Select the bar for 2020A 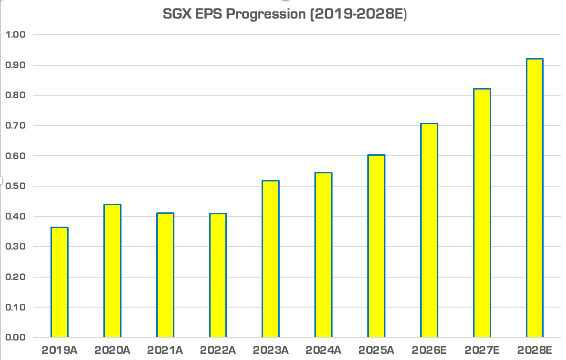112,271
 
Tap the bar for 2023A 271,259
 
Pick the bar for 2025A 376,246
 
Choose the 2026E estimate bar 429,230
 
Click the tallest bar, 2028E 535,198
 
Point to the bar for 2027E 482,213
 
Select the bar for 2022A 218,276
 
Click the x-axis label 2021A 165,350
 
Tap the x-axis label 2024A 323,350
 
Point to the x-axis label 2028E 535,350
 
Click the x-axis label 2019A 60,350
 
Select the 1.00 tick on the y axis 16,35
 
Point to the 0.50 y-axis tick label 16,186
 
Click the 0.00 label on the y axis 16,338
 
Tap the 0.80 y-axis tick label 16,95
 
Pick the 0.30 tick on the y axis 16,247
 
